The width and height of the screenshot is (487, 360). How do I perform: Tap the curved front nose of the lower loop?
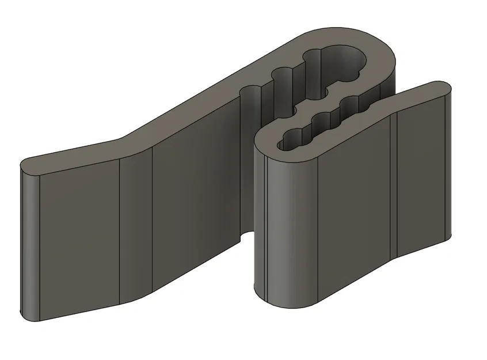coord(276,219)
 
